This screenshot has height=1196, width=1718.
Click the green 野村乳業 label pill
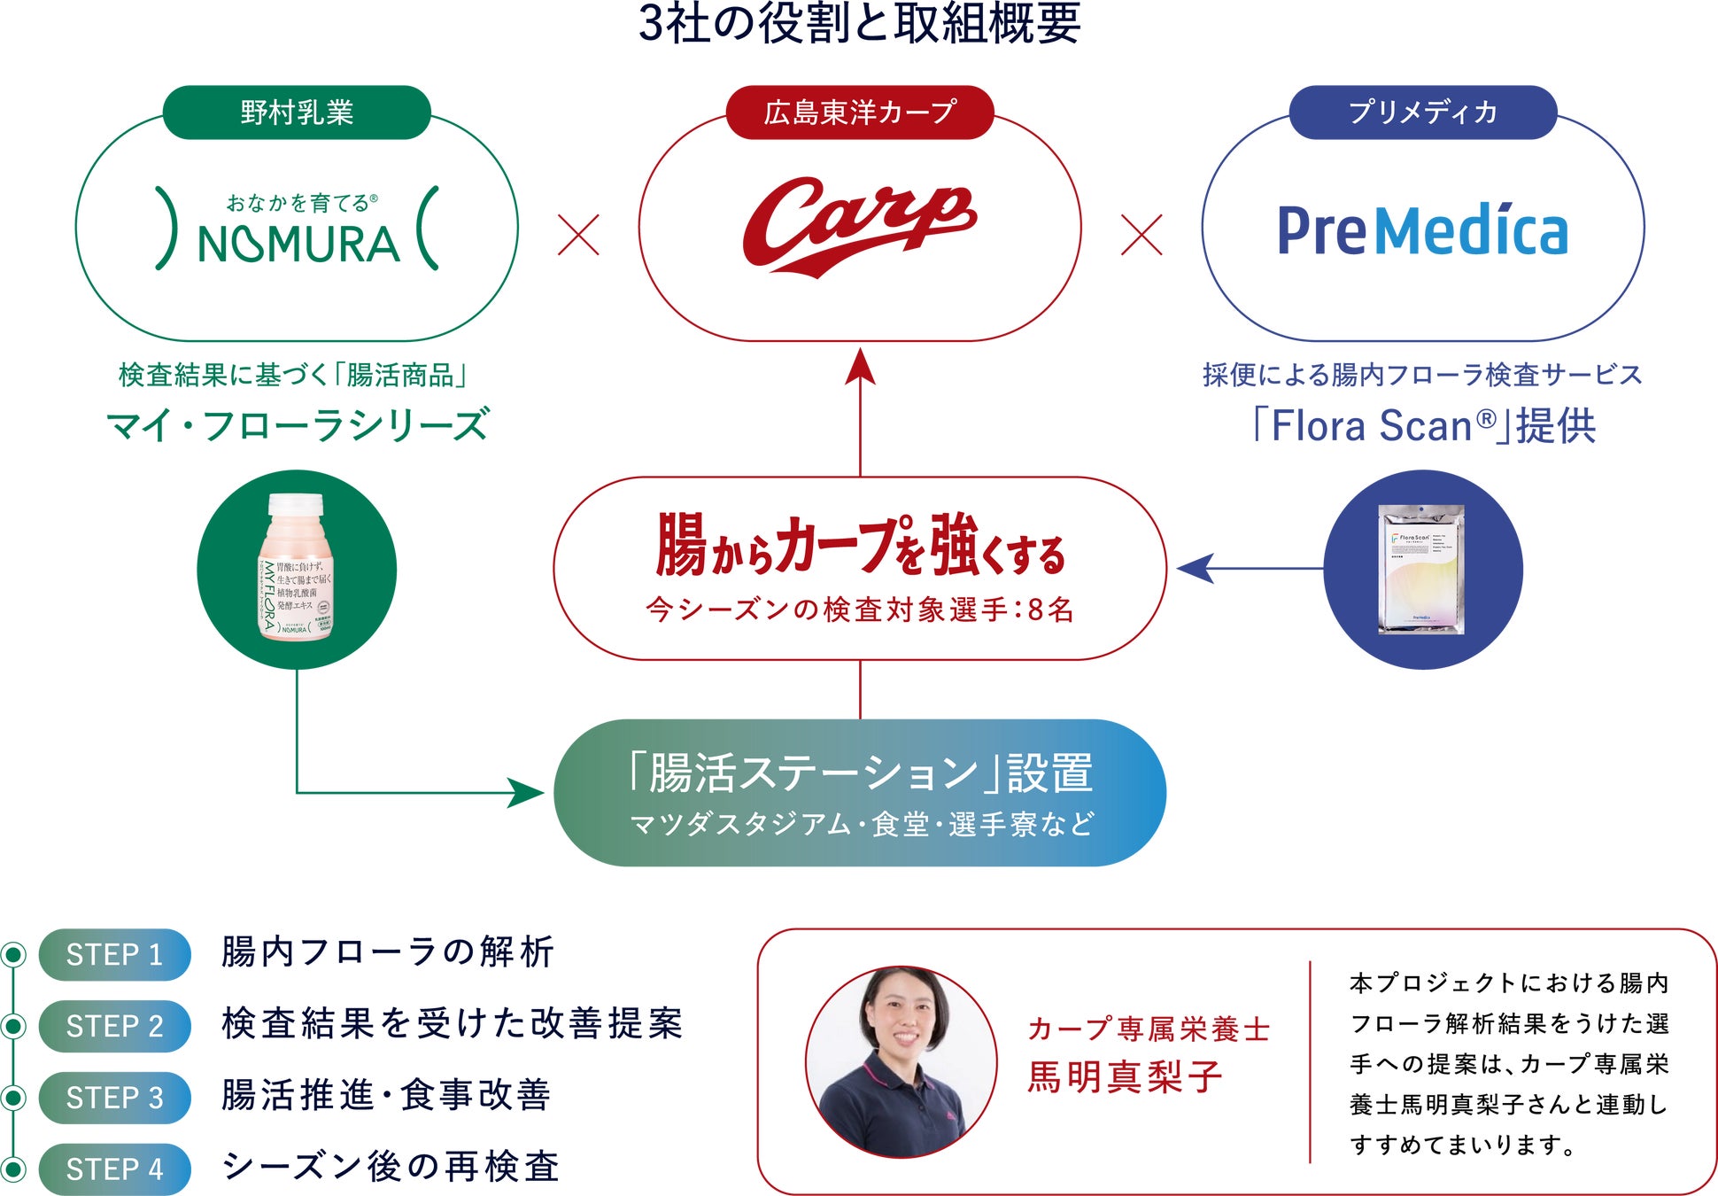tap(297, 113)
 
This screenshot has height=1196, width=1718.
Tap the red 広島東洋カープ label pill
tap(859, 113)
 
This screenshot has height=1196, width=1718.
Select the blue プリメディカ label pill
tap(1422, 113)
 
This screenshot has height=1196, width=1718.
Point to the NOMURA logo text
tap(298, 245)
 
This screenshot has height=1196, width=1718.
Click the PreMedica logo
tap(1422, 230)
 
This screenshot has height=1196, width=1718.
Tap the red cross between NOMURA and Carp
tap(578, 235)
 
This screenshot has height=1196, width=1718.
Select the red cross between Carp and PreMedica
tap(1141, 235)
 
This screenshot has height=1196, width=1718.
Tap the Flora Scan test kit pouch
tap(1421, 569)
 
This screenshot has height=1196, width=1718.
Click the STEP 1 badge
tap(114, 954)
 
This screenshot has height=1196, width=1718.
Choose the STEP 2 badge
tap(114, 1026)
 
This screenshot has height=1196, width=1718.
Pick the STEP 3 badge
tap(114, 1098)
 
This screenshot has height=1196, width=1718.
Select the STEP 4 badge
tap(114, 1169)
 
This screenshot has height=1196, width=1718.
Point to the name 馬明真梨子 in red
tap(1125, 1077)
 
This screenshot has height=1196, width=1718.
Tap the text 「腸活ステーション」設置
tap(859, 773)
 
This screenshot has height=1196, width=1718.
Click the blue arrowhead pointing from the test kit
tap(1196, 568)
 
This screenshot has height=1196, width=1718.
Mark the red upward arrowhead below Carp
tap(860, 367)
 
